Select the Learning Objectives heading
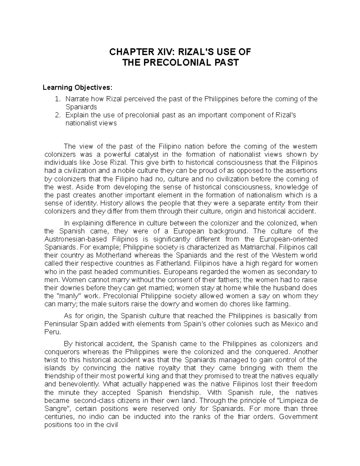(x=78, y=88)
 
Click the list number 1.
(x=58, y=99)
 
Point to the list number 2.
(x=58, y=115)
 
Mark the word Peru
(x=52, y=332)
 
